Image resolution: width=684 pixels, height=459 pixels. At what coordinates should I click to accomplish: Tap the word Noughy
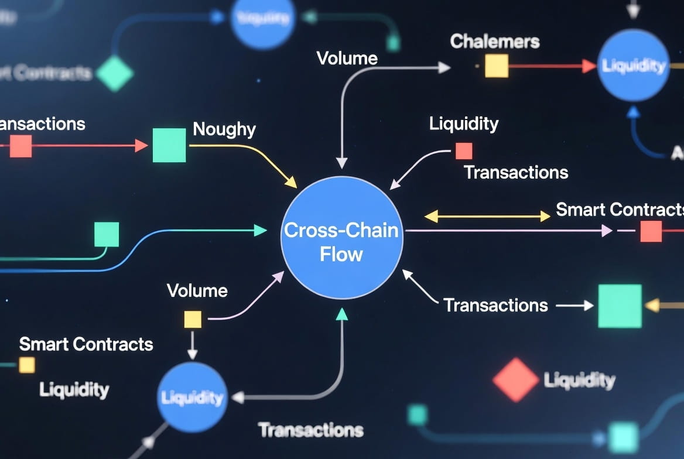224,129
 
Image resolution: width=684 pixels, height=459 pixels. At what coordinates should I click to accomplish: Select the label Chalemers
495,42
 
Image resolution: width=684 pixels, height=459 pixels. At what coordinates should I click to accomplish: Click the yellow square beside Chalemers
497,66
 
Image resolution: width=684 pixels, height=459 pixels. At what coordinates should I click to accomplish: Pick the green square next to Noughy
169,145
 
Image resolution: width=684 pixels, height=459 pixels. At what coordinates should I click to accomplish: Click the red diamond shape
515,379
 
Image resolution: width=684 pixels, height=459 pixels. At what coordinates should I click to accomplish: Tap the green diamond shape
115,73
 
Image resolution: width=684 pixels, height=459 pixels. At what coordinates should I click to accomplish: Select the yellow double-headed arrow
487,217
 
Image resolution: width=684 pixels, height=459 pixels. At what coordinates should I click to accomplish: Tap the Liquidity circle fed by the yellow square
192,397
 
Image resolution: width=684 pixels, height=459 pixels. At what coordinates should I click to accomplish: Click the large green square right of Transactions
620,306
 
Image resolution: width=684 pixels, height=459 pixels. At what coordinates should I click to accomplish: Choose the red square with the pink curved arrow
464,151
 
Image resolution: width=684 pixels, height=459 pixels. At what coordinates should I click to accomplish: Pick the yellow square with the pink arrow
193,319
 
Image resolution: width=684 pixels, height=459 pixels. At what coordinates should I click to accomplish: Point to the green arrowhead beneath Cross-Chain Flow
342,314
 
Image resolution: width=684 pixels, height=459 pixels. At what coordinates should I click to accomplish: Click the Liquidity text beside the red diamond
580,381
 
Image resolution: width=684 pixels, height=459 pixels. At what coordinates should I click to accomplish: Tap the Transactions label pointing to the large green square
495,305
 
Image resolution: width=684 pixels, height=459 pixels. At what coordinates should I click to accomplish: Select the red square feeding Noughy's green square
20,146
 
